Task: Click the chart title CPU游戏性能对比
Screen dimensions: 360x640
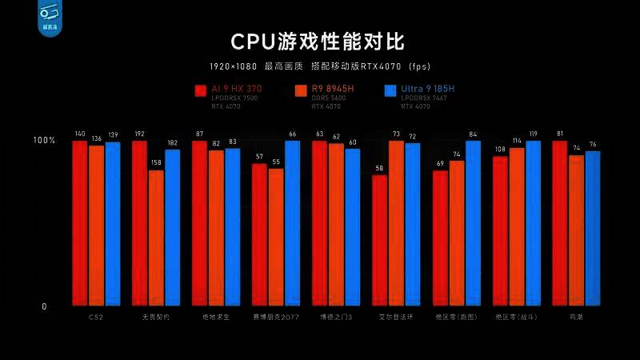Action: point(319,41)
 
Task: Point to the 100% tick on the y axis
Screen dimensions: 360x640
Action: point(44,141)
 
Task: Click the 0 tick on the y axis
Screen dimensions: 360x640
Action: point(44,306)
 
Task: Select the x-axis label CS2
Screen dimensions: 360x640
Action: point(96,317)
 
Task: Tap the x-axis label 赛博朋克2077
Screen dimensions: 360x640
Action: point(276,317)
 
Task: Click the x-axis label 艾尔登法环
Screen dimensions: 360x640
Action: point(396,317)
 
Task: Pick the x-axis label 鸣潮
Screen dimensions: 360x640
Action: point(576,317)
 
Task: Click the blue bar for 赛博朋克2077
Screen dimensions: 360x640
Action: point(293,224)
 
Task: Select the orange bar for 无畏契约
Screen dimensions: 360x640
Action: point(156,238)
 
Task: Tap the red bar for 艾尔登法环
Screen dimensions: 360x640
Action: point(379,240)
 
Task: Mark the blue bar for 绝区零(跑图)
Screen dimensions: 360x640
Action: point(473,224)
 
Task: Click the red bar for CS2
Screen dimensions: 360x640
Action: point(80,224)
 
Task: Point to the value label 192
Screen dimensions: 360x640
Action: point(140,134)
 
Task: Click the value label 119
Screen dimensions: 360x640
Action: point(533,134)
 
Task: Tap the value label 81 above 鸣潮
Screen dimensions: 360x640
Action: point(560,134)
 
